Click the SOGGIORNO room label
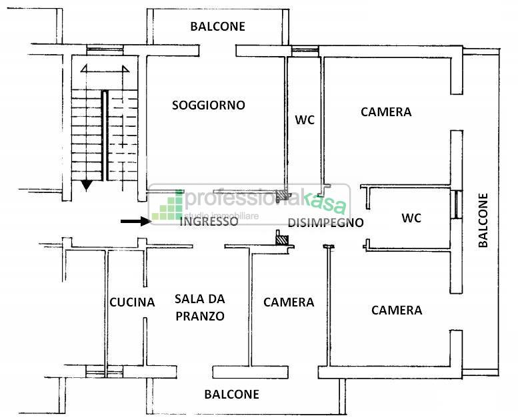tap(208, 105)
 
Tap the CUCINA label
tap(132, 302)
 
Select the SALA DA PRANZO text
tap(199, 308)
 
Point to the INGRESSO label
tap(209, 222)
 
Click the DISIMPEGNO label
tap(325, 222)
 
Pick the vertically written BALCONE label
tap(483, 220)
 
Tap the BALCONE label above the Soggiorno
tap(217, 27)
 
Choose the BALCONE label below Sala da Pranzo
tap(231, 394)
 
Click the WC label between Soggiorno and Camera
tap(305, 120)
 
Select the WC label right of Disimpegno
tap(411, 218)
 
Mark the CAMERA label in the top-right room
tap(386, 112)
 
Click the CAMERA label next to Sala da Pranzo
tap(289, 302)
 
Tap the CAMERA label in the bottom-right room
tap(397, 310)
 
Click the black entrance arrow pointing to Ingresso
tap(135, 221)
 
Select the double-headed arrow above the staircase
tap(104, 69)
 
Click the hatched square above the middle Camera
tap(283, 238)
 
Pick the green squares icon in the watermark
tap(167, 206)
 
